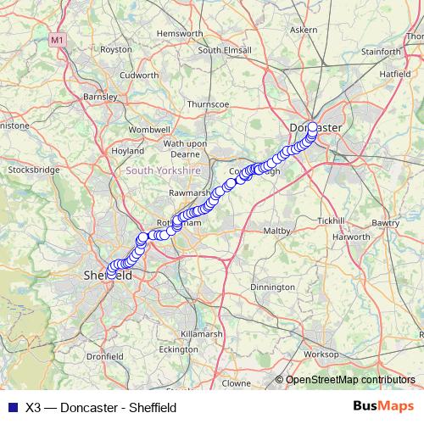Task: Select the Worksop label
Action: pos(321,353)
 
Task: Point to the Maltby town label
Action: pos(277,231)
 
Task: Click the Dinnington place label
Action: pos(272,287)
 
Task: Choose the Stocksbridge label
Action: pos(33,170)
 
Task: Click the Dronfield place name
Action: pos(105,357)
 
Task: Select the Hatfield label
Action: pos(394,74)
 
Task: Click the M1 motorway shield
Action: pos(57,39)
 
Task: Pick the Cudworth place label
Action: pos(139,74)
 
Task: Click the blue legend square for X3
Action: pos(12,407)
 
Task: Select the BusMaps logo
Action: pos(383,406)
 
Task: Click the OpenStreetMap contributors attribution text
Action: pos(350,380)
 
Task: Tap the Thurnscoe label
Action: pos(209,103)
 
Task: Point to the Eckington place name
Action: pos(178,349)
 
